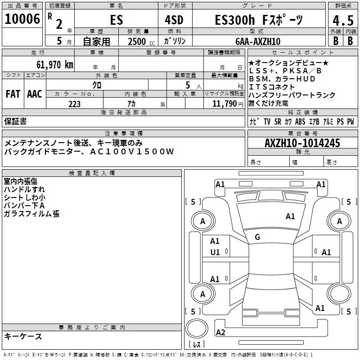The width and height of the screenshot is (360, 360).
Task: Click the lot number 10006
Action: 22,19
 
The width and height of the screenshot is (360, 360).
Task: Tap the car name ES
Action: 116,20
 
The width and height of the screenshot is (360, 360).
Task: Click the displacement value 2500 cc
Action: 139,41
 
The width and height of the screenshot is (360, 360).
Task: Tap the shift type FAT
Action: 13,94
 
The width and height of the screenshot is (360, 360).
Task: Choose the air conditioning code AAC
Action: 35,94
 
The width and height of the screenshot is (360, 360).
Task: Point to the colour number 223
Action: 74,104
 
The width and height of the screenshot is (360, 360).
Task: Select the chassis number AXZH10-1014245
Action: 302,143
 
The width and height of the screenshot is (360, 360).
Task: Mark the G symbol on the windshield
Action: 257,237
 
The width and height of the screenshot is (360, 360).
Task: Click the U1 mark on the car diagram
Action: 215,252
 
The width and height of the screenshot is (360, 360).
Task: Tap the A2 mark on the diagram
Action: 220,332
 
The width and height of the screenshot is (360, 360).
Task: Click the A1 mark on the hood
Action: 290,216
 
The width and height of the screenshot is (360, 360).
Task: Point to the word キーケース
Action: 23,336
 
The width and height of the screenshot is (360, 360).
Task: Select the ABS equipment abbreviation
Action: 300,121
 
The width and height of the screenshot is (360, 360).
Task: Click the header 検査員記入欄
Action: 92,173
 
